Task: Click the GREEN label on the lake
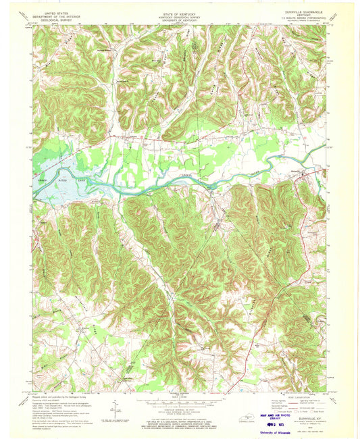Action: click(x=43, y=180)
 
